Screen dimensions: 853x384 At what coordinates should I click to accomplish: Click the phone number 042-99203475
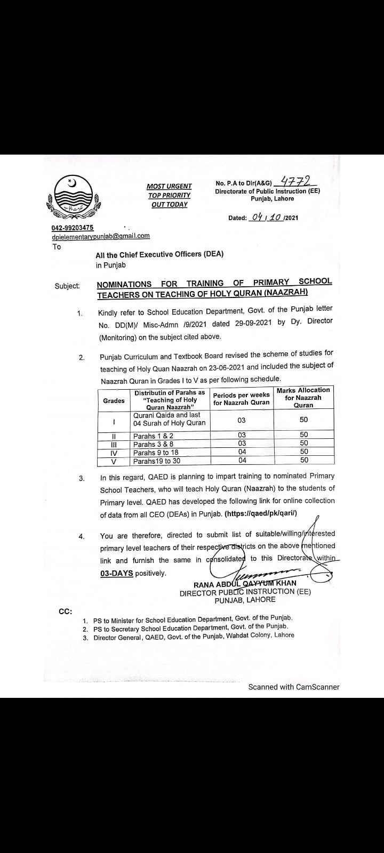[72, 228]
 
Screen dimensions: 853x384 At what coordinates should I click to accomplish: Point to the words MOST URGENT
[169, 186]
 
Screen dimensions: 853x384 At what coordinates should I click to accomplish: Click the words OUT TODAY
[169, 205]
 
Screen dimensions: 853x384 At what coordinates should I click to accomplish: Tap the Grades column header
[114, 400]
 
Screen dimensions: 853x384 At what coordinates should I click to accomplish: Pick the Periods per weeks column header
[241, 399]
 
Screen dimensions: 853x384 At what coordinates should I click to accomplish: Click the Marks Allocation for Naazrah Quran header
[303, 398]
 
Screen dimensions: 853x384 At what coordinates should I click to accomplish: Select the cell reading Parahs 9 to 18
[153, 453]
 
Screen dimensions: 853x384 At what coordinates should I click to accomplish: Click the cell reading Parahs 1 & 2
[153, 436]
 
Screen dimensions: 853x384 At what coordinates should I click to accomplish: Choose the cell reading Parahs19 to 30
[157, 461]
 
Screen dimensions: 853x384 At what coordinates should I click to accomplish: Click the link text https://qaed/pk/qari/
[261, 513]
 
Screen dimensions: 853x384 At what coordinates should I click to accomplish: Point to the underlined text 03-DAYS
[116, 573]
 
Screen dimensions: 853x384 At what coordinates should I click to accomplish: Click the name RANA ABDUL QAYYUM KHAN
[245, 583]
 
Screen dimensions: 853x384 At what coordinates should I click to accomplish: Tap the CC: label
[65, 611]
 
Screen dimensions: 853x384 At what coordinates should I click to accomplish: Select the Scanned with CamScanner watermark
[293, 687]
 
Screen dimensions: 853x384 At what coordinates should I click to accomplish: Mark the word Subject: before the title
[67, 286]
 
